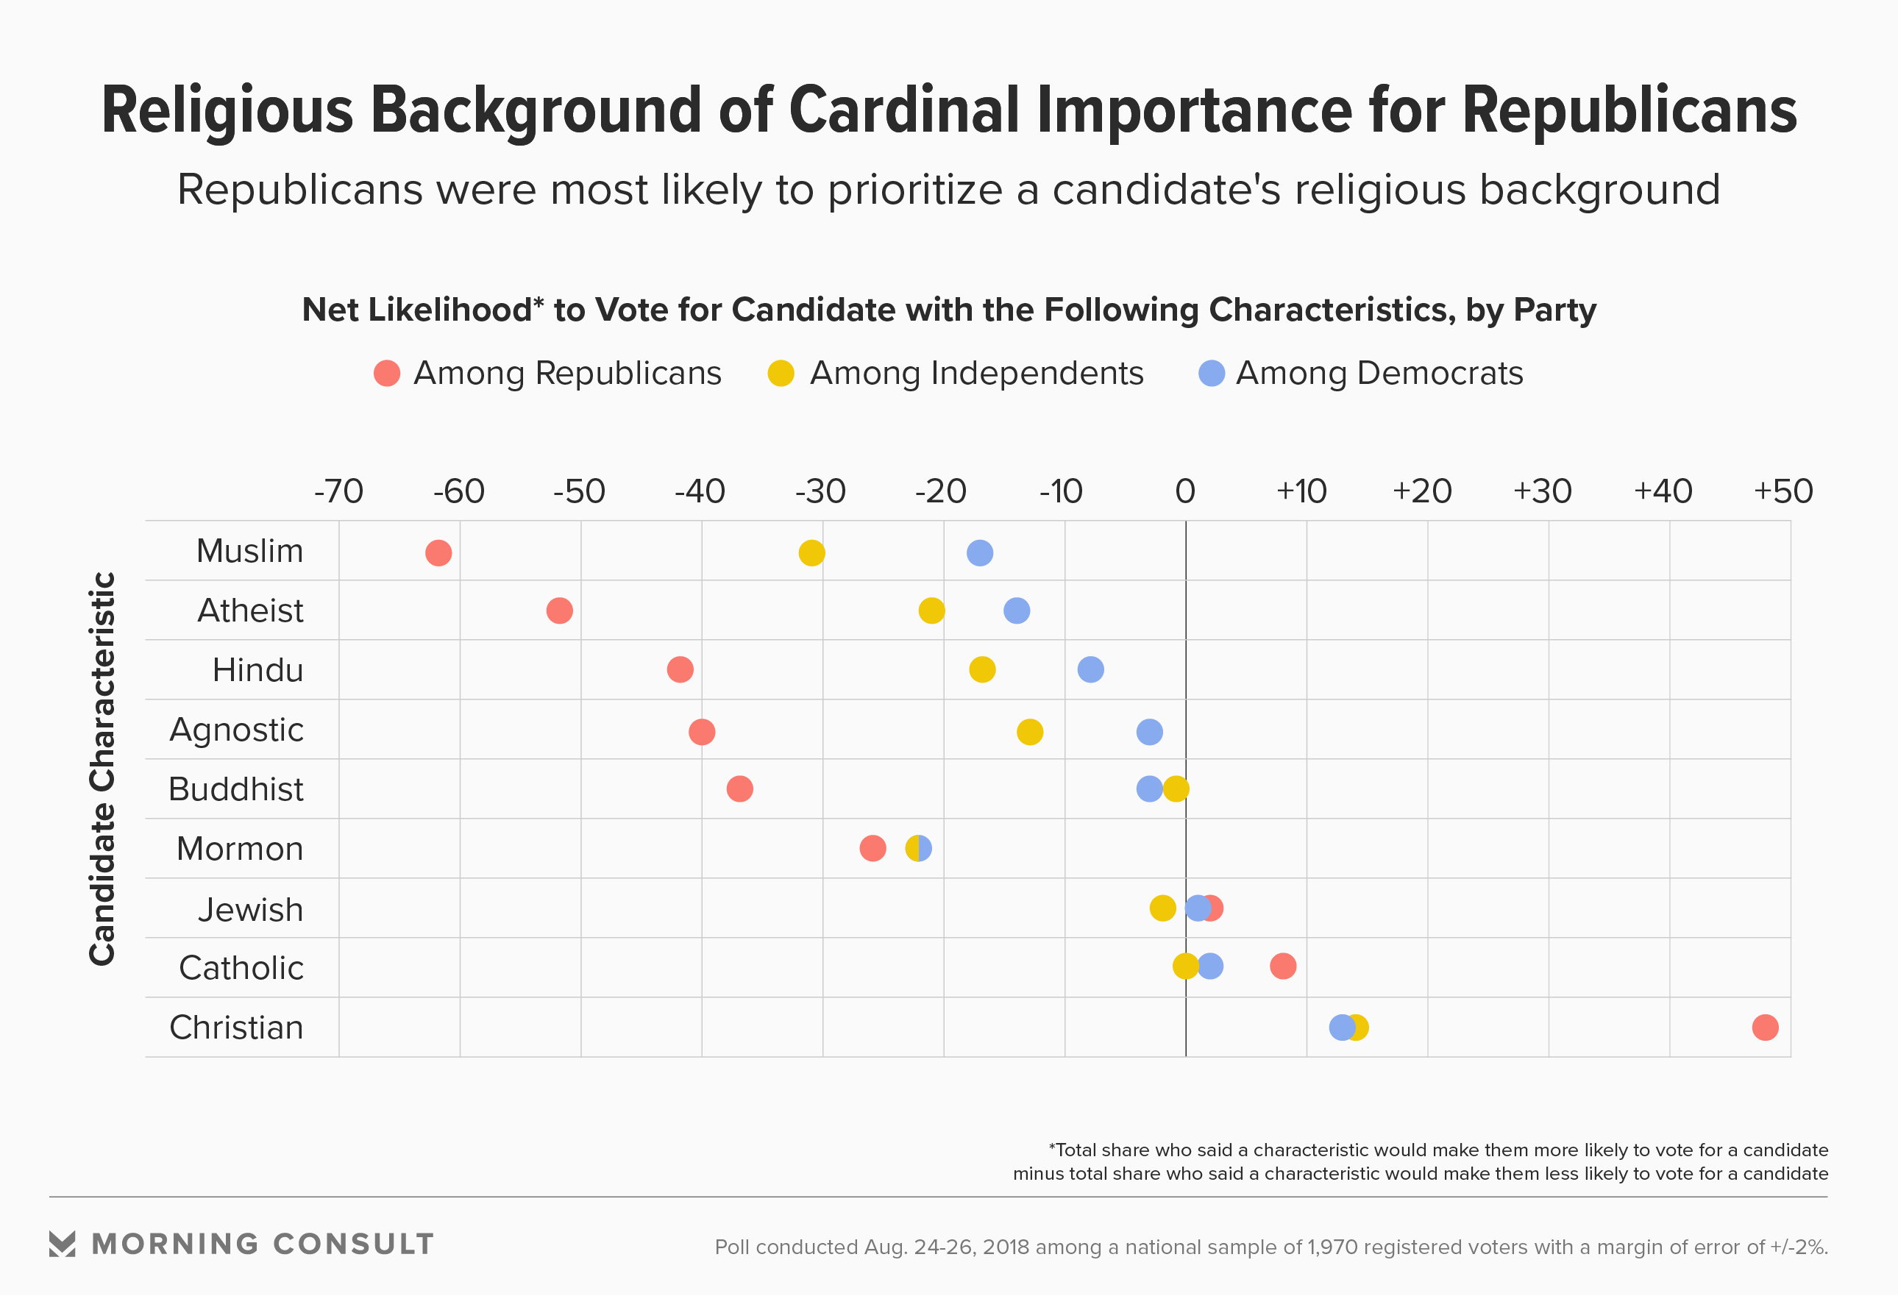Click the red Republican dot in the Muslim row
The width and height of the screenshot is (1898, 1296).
tap(438, 553)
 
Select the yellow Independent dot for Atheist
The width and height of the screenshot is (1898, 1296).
tap(932, 610)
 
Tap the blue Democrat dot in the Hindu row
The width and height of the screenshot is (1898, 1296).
tap(1090, 669)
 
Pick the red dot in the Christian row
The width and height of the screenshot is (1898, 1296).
tap(1765, 1028)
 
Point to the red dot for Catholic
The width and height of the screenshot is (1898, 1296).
tap(1283, 966)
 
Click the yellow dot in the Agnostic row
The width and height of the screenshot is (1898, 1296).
tap(1030, 732)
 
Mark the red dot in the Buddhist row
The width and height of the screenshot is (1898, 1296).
tap(740, 789)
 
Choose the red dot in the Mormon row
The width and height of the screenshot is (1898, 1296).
tap(873, 849)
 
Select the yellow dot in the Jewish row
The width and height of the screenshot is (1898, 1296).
tap(1162, 908)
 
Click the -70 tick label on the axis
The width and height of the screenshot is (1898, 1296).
tap(339, 491)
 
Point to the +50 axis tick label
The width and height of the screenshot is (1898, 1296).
tap(1784, 491)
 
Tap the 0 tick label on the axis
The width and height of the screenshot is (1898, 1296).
tap(1185, 491)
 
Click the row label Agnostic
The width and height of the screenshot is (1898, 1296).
tap(237, 730)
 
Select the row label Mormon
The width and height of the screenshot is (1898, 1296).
tap(240, 850)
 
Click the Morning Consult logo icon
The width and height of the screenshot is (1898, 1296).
tap(62, 1244)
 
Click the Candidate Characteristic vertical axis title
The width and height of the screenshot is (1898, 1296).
tap(103, 769)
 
